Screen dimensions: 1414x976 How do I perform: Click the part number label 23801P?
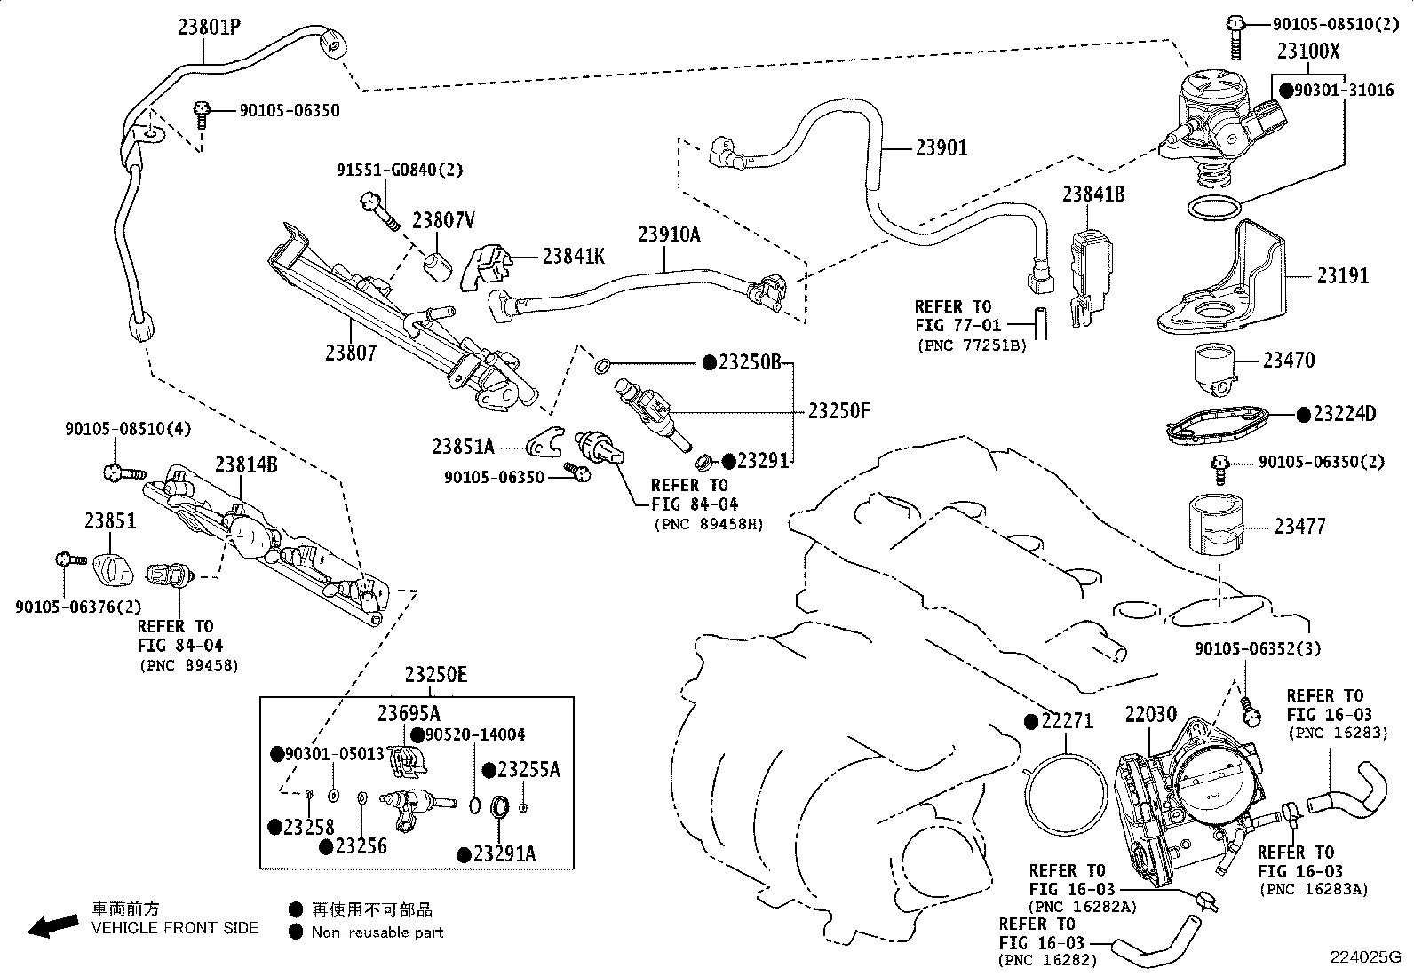coord(210,28)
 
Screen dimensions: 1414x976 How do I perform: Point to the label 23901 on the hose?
coord(941,147)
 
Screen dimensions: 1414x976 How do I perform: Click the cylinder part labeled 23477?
coord(1216,525)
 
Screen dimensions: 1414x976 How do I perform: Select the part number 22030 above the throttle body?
coord(1151,714)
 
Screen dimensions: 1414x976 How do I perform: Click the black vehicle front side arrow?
coord(53,926)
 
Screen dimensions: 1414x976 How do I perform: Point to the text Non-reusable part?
coord(377,932)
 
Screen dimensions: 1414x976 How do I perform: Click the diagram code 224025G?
coord(1365,957)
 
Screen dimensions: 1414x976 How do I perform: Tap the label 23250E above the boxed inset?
coord(435,674)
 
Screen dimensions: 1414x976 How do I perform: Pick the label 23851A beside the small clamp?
coord(464,447)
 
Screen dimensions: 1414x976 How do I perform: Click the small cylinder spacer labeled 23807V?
coord(438,266)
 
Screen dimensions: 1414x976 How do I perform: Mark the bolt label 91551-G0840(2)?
coord(400,170)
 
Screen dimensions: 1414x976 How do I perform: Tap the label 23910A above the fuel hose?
coord(669,234)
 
